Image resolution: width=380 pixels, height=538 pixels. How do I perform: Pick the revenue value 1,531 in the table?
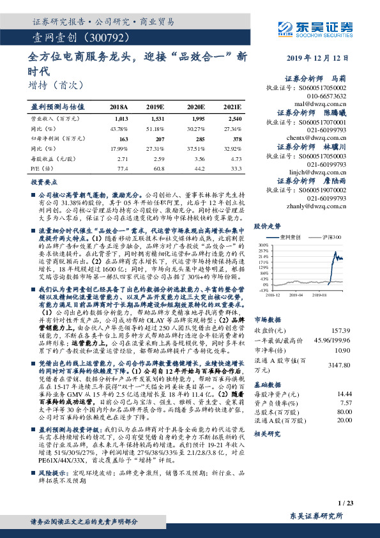click(158, 119)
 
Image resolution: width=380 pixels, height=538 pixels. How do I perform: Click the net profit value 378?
click(236, 139)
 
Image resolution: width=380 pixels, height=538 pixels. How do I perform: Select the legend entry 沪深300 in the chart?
click(333, 237)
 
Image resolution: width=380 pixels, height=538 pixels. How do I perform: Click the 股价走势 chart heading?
click(268, 226)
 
